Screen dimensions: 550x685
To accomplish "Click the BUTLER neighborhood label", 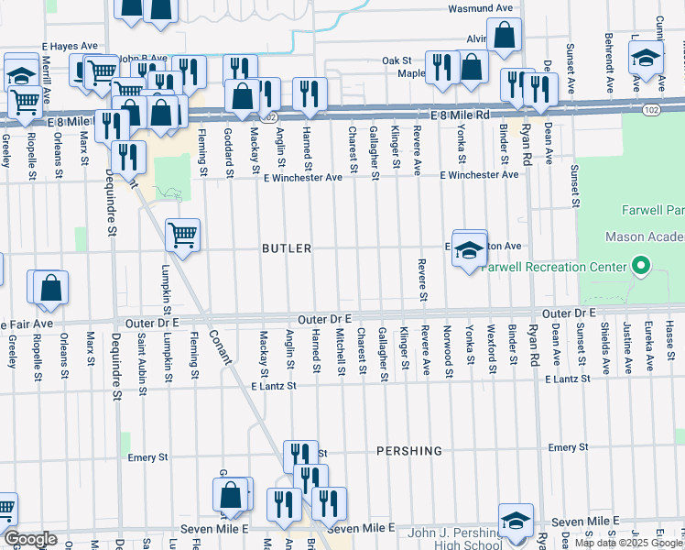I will (287, 248).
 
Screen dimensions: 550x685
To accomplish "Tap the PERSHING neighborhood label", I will (409, 451).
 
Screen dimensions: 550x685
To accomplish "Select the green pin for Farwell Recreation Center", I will (642, 268).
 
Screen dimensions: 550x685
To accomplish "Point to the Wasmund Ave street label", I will (480, 8).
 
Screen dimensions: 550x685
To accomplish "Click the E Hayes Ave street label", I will (70, 45).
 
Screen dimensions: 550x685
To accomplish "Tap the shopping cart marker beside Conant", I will (182, 235).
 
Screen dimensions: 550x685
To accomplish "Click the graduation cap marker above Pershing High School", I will (516, 520).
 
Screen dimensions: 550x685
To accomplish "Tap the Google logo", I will (29, 539).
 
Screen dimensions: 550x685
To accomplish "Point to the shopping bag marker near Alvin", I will (504, 37).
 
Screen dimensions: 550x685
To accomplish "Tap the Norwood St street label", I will (448, 351).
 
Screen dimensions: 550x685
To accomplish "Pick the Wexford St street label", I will (491, 354).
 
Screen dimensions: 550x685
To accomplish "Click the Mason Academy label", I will (645, 236).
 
